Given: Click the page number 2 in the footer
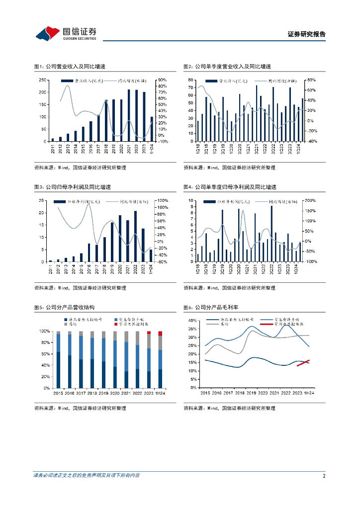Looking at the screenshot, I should [x=324, y=476].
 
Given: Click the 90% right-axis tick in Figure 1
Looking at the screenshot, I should [x=162, y=80].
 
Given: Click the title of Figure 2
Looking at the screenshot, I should [x=227, y=67].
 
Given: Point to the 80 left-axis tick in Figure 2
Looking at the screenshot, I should [x=190, y=80].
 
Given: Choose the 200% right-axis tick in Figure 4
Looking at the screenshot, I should [x=311, y=200].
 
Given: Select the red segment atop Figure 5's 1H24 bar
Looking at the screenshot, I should [x=160, y=334].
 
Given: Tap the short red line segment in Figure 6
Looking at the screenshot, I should [x=303, y=363].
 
